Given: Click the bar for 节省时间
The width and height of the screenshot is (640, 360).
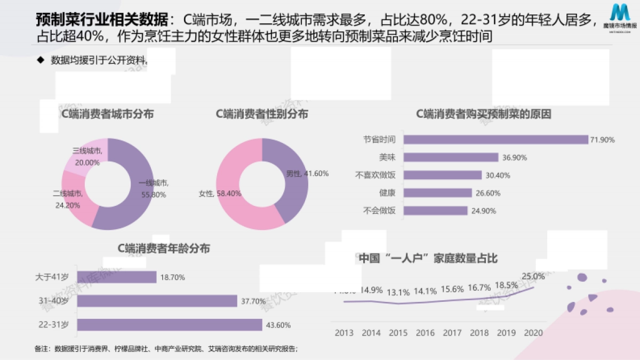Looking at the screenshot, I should point(495,140).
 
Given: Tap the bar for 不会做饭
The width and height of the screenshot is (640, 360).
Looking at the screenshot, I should point(435,210).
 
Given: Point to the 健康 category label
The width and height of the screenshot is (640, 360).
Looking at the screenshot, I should point(387,193).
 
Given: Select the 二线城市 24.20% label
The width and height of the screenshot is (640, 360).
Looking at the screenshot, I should point(68,199).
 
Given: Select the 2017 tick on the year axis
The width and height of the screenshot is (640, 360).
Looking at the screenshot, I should point(452,333).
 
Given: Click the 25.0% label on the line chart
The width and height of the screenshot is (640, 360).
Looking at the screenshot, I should point(533,276).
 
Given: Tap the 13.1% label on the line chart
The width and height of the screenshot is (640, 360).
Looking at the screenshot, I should point(398,292).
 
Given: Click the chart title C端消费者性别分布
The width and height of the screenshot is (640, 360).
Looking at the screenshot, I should point(261,114).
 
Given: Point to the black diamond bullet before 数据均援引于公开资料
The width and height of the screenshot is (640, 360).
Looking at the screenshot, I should point(40,60).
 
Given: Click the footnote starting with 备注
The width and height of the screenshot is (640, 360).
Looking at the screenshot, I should point(165,349).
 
